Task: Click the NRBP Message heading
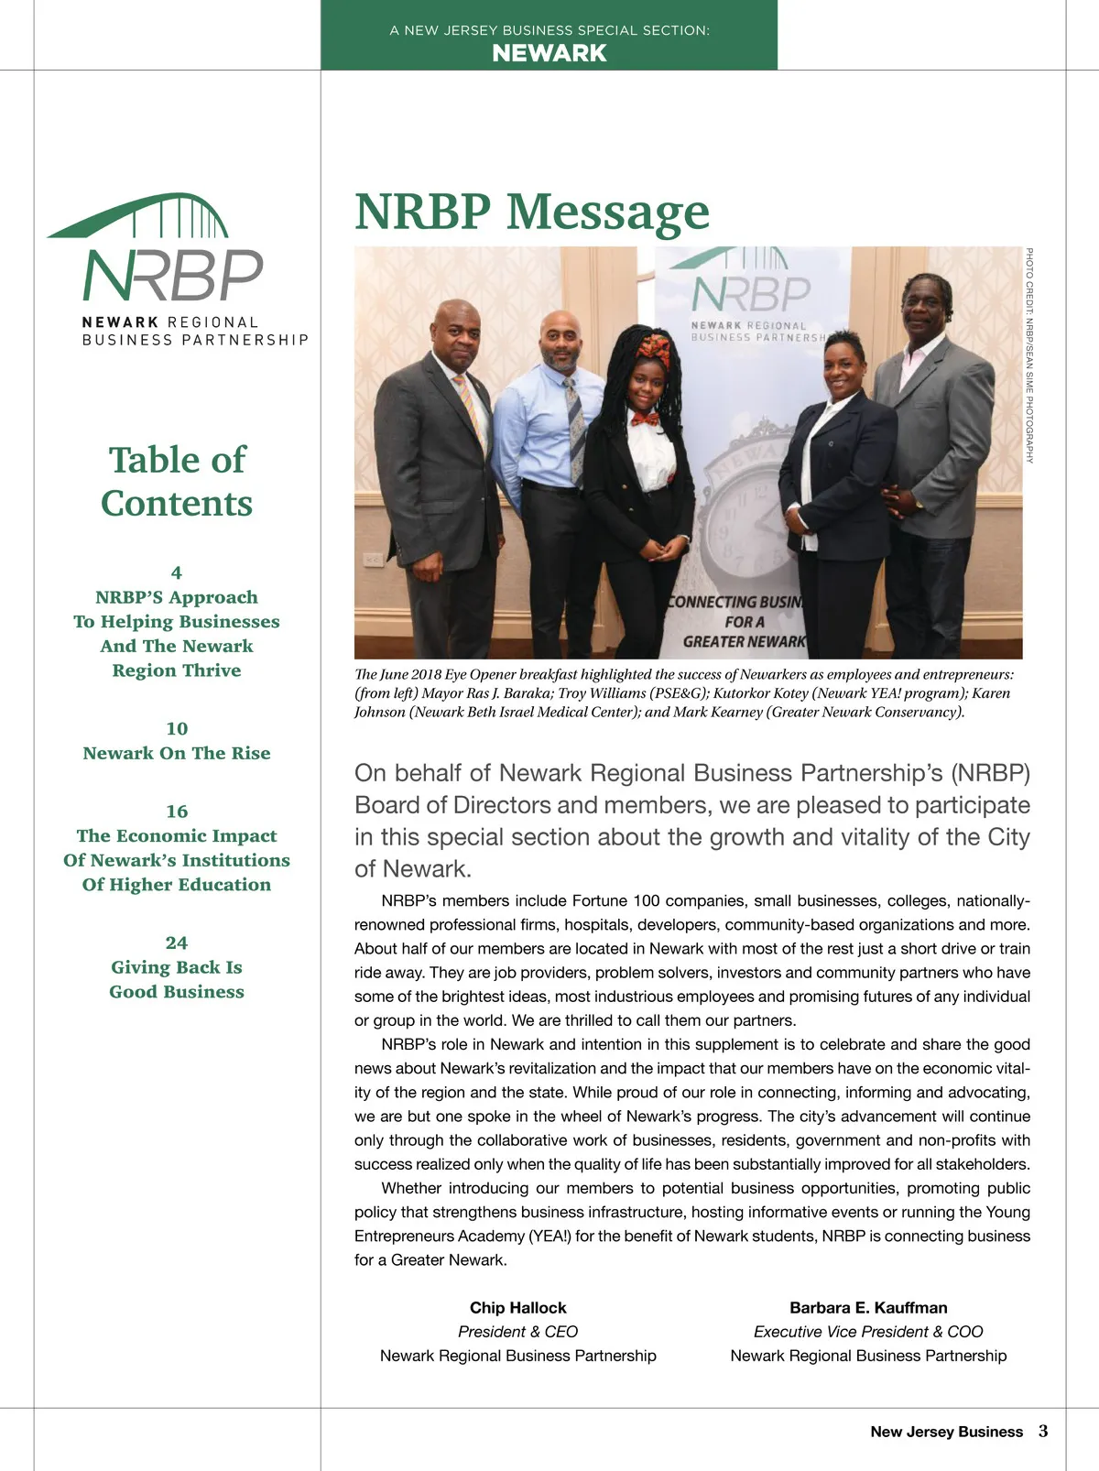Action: [531, 212]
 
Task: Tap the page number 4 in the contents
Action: [177, 572]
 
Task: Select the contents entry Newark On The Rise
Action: [177, 753]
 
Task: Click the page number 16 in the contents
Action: [177, 811]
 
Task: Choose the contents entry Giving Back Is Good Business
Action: [177, 979]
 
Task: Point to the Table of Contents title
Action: [177, 481]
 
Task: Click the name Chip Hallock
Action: [517, 1308]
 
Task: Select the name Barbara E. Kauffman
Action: [868, 1308]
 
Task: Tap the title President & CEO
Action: [517, 1332]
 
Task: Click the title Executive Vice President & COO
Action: [868, 1332]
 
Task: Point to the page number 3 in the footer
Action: [1043, 1431]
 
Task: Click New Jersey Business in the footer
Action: [946, 1432]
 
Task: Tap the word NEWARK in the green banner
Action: [549, 53]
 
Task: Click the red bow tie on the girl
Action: [646, 420]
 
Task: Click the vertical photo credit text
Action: [1029, 355]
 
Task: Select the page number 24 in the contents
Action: [177, 943]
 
